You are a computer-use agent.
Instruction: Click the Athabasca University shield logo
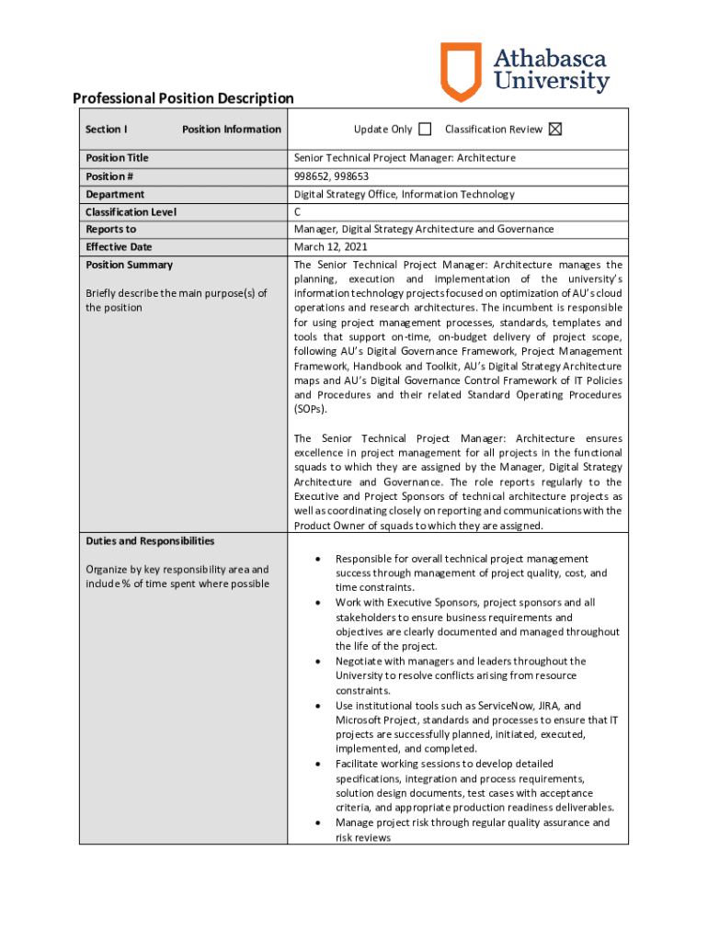tap(461, 72)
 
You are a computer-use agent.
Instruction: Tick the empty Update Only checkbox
tap(424, 130)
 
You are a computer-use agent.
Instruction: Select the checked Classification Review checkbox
tap(554, 130)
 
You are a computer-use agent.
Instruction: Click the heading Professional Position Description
tap(183, 98)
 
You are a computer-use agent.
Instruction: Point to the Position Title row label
tap(117, 158)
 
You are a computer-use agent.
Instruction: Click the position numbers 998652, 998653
tap(331, 176)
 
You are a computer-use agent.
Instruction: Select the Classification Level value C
tap(298, 212)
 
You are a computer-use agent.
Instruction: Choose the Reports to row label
tap(110, 230)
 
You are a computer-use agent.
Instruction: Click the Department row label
tap(115, 195)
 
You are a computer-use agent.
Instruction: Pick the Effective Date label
tap(119, 247)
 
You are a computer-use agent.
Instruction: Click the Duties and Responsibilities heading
tap(150, 541)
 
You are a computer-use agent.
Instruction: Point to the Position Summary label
tap(129, 265)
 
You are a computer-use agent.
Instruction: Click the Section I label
tap(106, 130)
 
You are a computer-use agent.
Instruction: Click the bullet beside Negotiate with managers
tap(317, 662)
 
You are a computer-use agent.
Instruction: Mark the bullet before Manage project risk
tap(317, 822)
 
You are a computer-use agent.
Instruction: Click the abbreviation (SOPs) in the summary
tap(310, 410)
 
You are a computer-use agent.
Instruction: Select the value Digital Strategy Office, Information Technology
tap(404, 195)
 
